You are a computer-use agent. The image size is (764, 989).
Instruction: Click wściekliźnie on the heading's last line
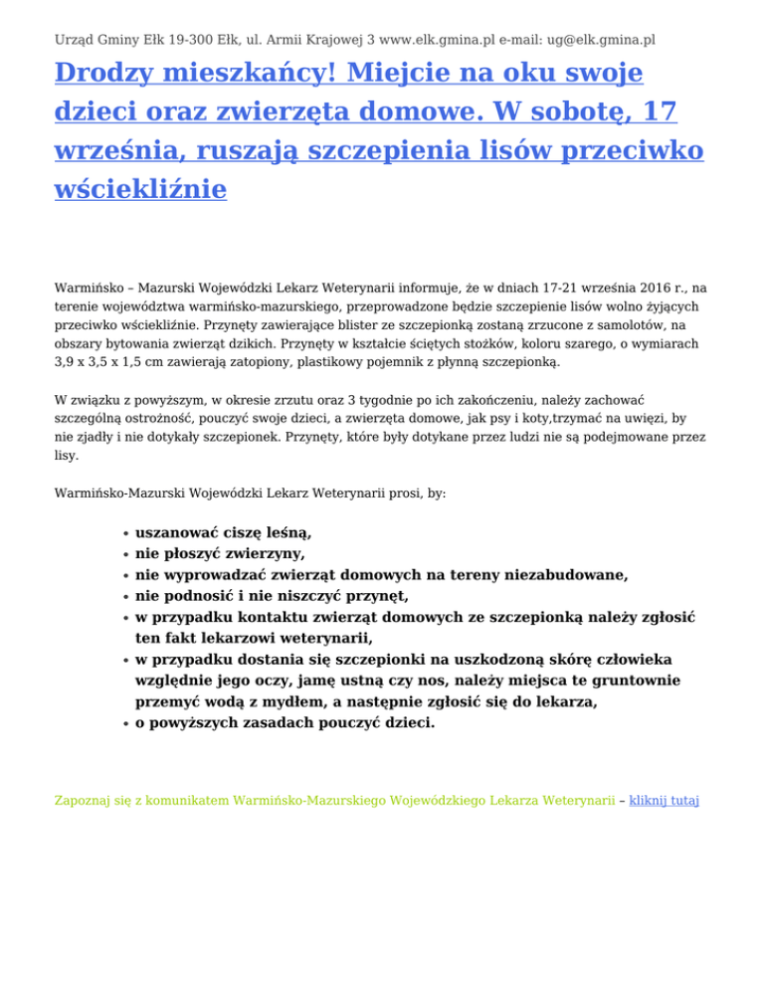coord(140,187)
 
